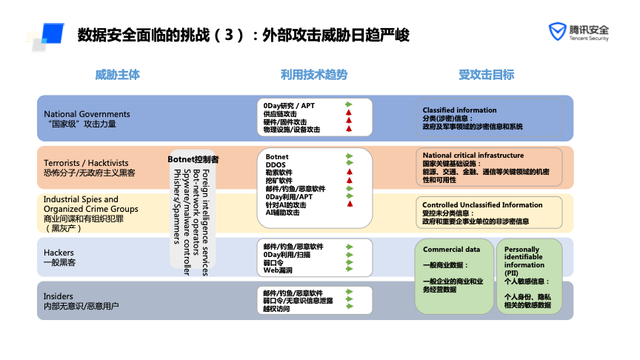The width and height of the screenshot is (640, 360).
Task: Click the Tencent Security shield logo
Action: (x=557, y=32)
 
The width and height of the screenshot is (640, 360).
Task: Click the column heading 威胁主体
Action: (x=117, y=75)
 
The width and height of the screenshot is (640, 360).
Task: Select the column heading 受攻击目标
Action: (x=486, y=75)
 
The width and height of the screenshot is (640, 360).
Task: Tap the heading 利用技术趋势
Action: (x=313, y=75)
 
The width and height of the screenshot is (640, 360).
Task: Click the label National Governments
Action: (x=87, y=114)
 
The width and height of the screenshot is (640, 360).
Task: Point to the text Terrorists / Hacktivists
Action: (x=86, y=163)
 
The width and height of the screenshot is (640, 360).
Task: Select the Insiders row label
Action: (x=59, y=296)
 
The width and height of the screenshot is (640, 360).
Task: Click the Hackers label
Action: (x=59, y=253)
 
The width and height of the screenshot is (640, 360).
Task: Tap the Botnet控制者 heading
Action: (x=193, y=159)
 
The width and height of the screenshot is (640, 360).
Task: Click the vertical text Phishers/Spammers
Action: (x=177, y=206)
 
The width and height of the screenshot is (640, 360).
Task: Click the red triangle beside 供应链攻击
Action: (x=349, y=113)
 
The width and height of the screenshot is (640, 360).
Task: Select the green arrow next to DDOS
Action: (x=349, y=164)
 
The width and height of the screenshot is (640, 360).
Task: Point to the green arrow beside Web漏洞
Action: (x=349, y=270)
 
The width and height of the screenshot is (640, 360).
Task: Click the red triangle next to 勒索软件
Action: (x=349, y=172)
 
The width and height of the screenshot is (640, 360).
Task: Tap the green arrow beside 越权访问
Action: (x=349, y=309)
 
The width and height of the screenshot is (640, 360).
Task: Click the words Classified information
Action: (x=459, y=110)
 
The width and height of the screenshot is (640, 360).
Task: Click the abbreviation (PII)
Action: (x=512, y=273)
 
